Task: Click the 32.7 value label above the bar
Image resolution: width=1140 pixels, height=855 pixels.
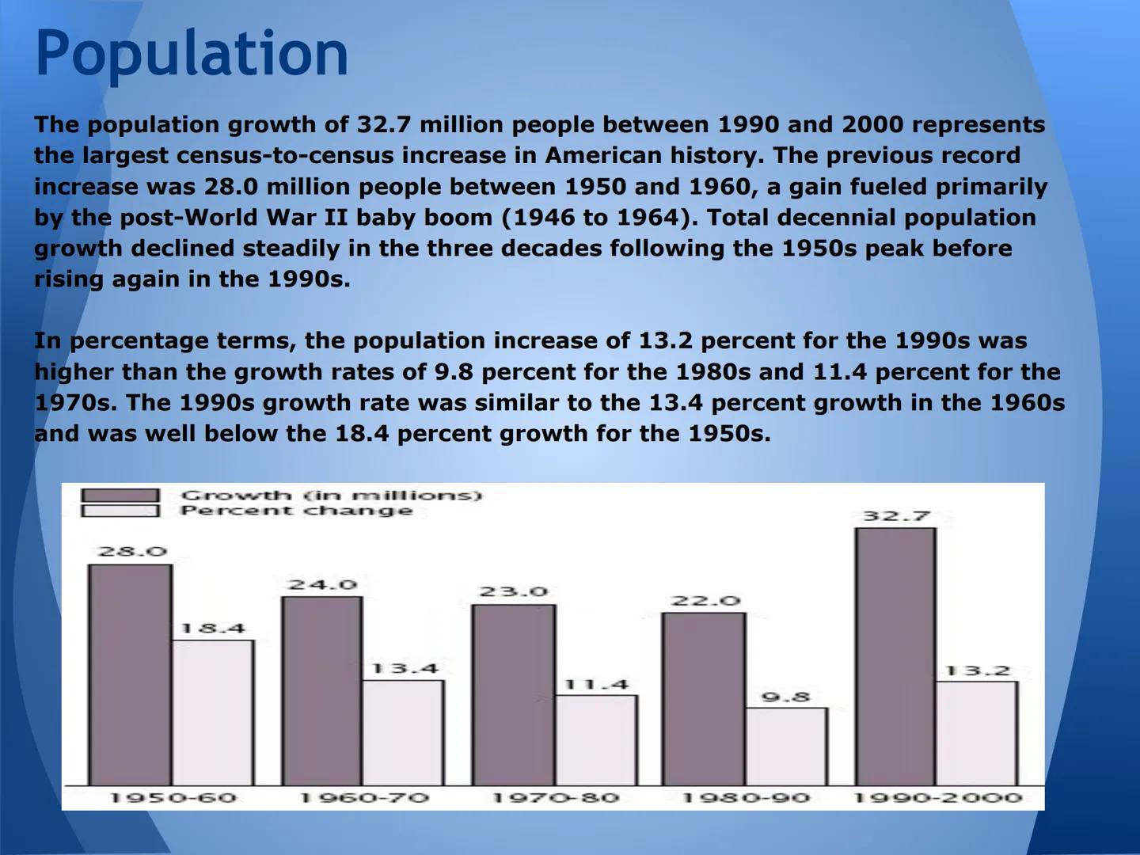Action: (896, 516)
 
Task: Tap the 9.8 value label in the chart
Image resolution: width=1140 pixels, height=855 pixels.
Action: (786, 697)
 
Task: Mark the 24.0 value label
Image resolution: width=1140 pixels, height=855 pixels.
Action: (323, 585)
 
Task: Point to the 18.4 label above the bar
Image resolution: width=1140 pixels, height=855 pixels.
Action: (213, 629)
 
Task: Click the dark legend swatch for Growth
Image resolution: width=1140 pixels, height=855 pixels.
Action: (120, 496)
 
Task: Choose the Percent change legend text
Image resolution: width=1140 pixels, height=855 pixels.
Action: (297, 511)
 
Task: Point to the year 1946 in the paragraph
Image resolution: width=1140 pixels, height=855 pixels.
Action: (543, 217)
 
